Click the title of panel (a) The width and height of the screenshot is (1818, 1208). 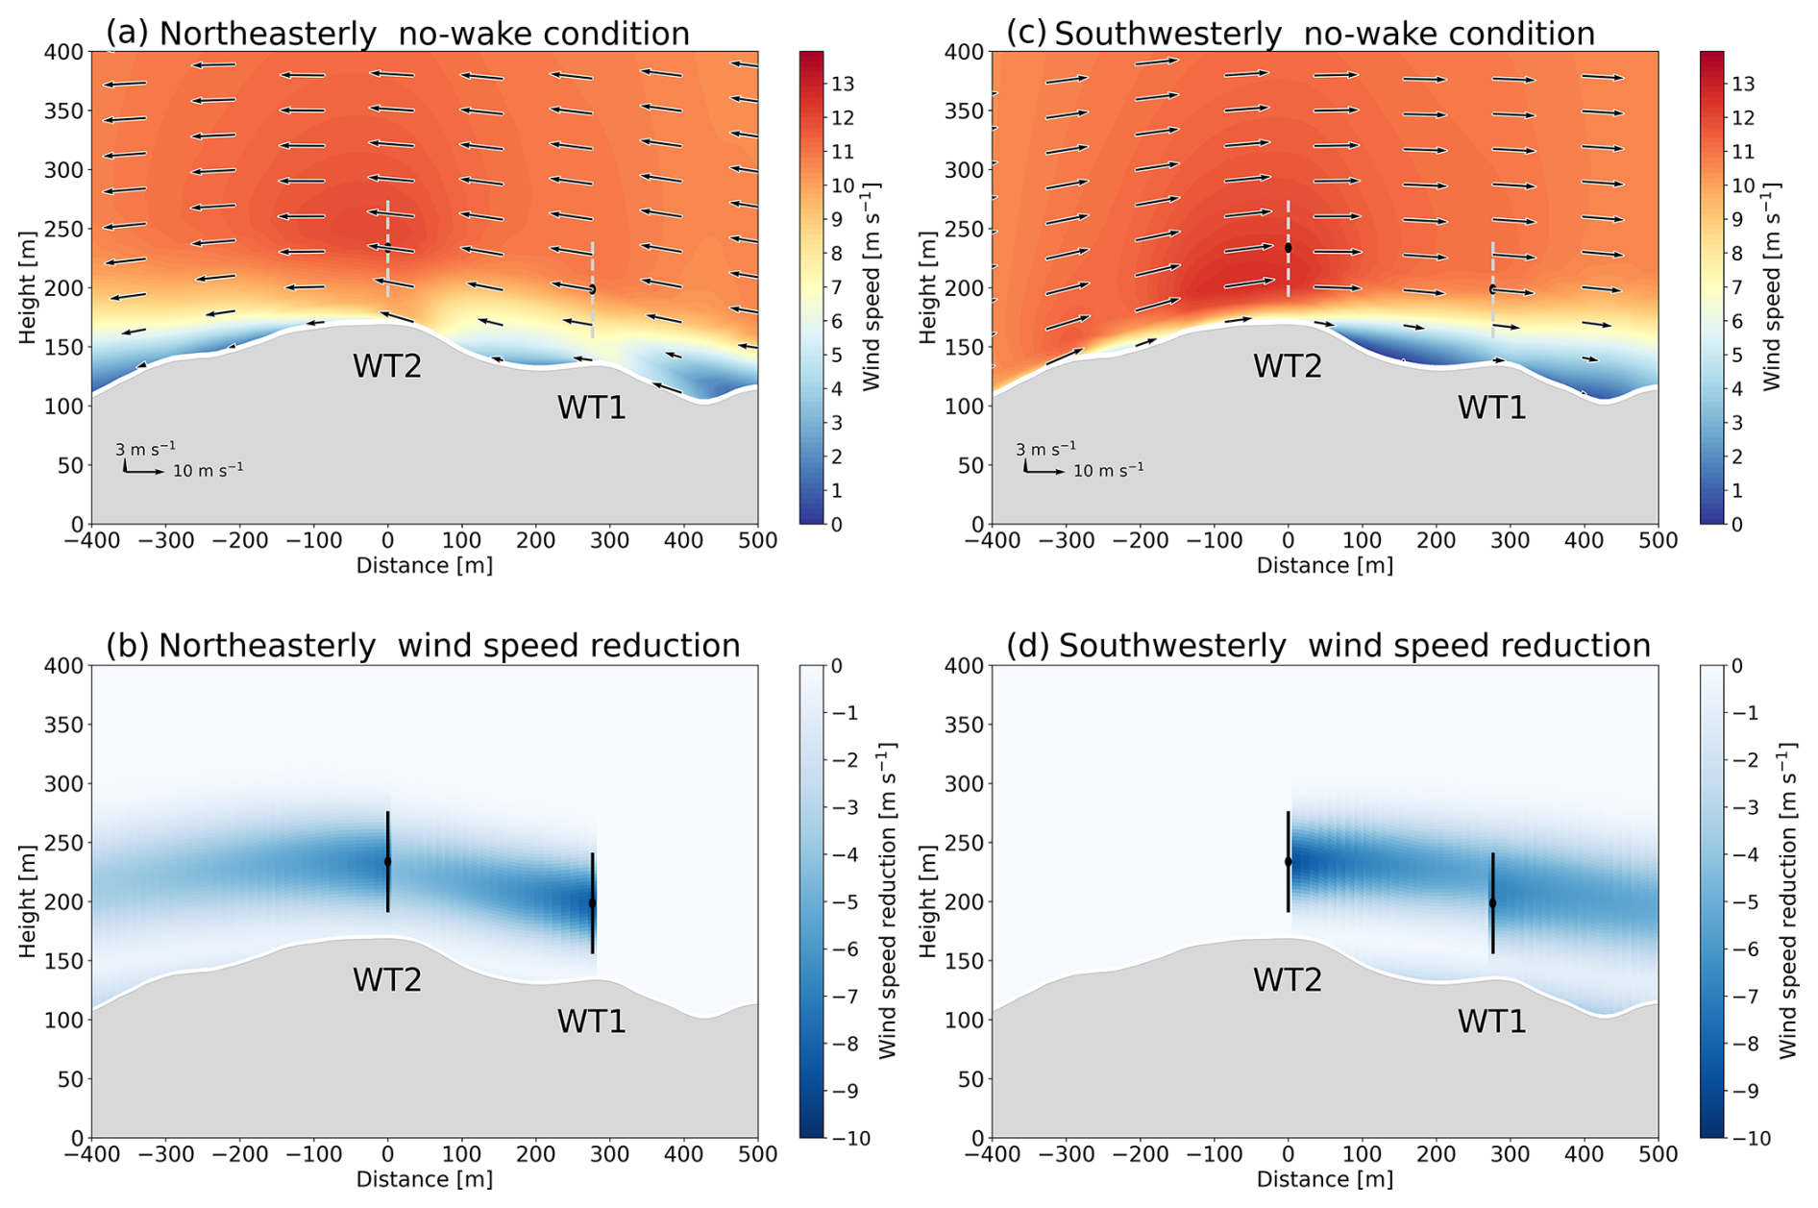[398, 34]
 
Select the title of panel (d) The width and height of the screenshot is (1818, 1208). [1328, 646]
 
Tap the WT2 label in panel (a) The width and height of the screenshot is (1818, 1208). [387, 366]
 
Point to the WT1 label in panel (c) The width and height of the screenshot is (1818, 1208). [1491, 407]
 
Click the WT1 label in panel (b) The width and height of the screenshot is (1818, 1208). [592, 1021]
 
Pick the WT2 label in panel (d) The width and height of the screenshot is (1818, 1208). [1288, 980]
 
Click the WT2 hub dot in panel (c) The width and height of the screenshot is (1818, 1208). [1289, 248]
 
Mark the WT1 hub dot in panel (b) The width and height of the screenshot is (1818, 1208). [593, 903]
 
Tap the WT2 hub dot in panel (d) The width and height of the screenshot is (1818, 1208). [1289, 862]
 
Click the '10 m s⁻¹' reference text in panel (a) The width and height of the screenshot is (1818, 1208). [208, 470]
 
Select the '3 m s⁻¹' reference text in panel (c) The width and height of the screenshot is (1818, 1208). [1045, 449]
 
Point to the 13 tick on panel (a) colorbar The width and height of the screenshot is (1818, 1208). [843, 85]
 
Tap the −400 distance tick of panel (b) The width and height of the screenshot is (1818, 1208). [92, 1153]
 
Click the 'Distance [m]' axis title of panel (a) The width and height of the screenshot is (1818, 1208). [425, 565]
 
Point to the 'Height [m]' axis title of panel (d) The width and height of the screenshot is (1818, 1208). [927, 901]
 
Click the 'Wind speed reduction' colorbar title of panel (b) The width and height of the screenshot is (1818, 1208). [887, 900]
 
